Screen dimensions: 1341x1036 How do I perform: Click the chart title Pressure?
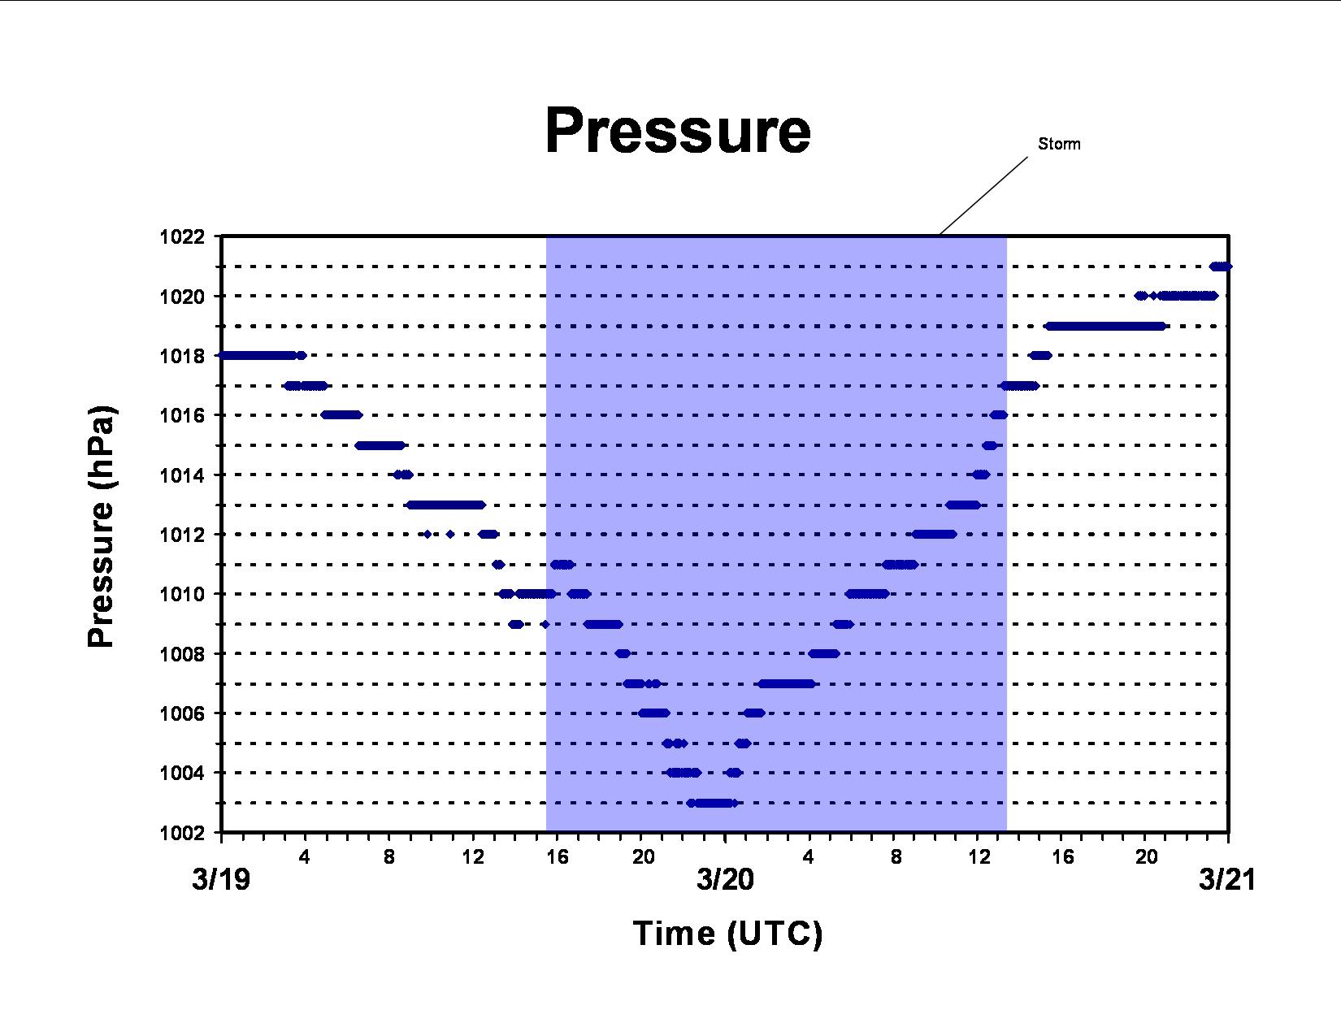pos(678,131)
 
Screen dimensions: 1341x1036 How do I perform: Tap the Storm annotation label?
pos(1059,144)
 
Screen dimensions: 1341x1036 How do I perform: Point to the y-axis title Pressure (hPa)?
pos(102,527)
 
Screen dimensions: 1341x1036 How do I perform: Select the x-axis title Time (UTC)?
pos(727,934)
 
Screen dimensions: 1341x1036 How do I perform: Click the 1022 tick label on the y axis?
pos(182,236)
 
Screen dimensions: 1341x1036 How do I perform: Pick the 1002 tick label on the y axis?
pos(182,833)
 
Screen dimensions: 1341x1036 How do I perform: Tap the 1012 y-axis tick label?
pos(182,535)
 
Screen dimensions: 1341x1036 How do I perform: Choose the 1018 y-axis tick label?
pos(182,356)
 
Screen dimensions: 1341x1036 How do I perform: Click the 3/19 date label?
pos(221,879)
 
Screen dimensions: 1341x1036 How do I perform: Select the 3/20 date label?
pos(725,879)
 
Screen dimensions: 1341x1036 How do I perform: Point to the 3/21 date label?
pos(1227,879)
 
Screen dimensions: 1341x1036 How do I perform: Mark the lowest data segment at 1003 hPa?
pos(712,803)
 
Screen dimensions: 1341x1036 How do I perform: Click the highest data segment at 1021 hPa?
pos(1221,267)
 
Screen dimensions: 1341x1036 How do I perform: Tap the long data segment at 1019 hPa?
pos(1106,326)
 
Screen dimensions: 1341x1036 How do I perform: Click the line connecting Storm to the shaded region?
pos(983,196)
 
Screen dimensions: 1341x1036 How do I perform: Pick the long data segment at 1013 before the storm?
pos(445,505)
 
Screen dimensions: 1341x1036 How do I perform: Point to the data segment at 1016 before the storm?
pos(341,414)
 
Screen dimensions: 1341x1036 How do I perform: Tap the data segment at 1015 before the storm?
pos(380,445)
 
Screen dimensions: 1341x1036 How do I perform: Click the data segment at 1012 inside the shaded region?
pos(935,534)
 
